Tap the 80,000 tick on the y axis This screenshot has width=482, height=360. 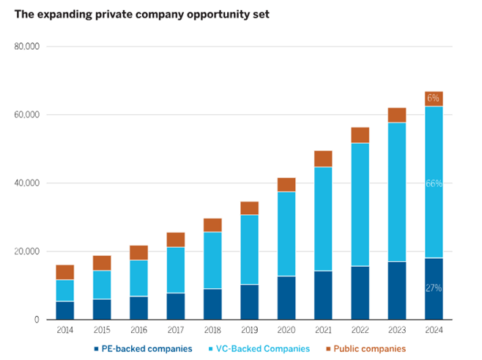(x=26, y=47)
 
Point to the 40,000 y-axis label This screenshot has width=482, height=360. (x=26, y=183)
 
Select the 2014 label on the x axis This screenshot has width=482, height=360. (x=65, y=331)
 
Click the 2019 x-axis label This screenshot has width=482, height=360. (x=249, y=331)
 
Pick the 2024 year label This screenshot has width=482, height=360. (x=434, y=331)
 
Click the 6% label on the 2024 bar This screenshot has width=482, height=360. (x=434, y=98)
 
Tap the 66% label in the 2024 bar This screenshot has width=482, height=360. (x=434, y=183)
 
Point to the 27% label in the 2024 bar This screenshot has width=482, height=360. (x=434, y=288)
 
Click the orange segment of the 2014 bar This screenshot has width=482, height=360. (x=65, y=272)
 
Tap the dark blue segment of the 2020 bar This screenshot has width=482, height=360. (x=286, y=298)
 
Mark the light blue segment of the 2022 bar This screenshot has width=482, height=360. (x=360, y=205)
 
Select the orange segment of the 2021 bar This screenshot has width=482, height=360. (x=323, y=158)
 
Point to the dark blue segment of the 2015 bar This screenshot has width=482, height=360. (x=102, y=309)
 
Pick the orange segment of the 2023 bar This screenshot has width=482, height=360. (x=397, y=115)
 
